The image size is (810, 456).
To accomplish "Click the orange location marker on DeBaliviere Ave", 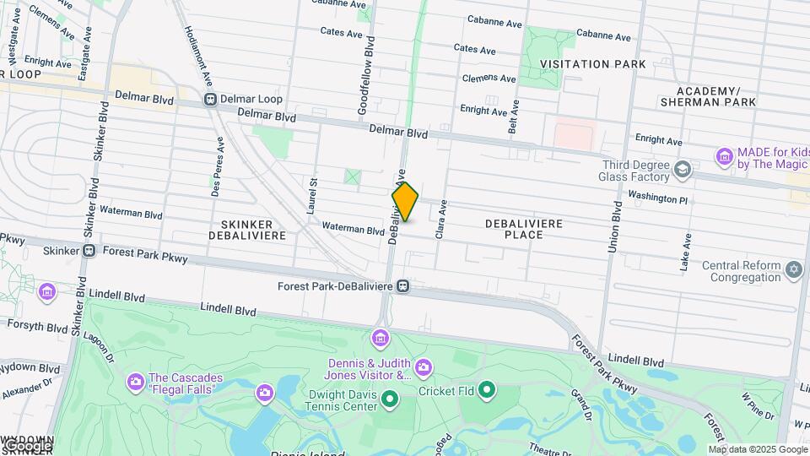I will click(405, 202).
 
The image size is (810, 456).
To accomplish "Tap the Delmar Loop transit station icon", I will click(210, 100).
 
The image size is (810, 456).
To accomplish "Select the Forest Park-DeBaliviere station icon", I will click(403, 286).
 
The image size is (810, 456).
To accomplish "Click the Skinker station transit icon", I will click(89, 251).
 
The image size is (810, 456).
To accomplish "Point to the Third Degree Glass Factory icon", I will click(681, 171).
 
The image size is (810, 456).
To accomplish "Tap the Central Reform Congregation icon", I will click(793, 270).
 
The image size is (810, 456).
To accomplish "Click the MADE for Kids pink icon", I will click(723, 156).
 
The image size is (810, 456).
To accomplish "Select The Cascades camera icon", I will click(135, 383).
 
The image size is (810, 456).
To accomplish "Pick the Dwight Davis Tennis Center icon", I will click(389, 398).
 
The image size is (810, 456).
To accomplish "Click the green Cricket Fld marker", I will click(486, 390).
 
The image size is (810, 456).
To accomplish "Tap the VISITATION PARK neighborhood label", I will click(592, 64).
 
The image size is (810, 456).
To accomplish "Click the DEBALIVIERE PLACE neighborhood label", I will click(523, 228).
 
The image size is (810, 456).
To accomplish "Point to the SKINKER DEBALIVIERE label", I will click(241, 228).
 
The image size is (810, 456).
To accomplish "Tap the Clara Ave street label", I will click(440, 219).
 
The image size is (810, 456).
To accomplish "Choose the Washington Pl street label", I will click(658, 198).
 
